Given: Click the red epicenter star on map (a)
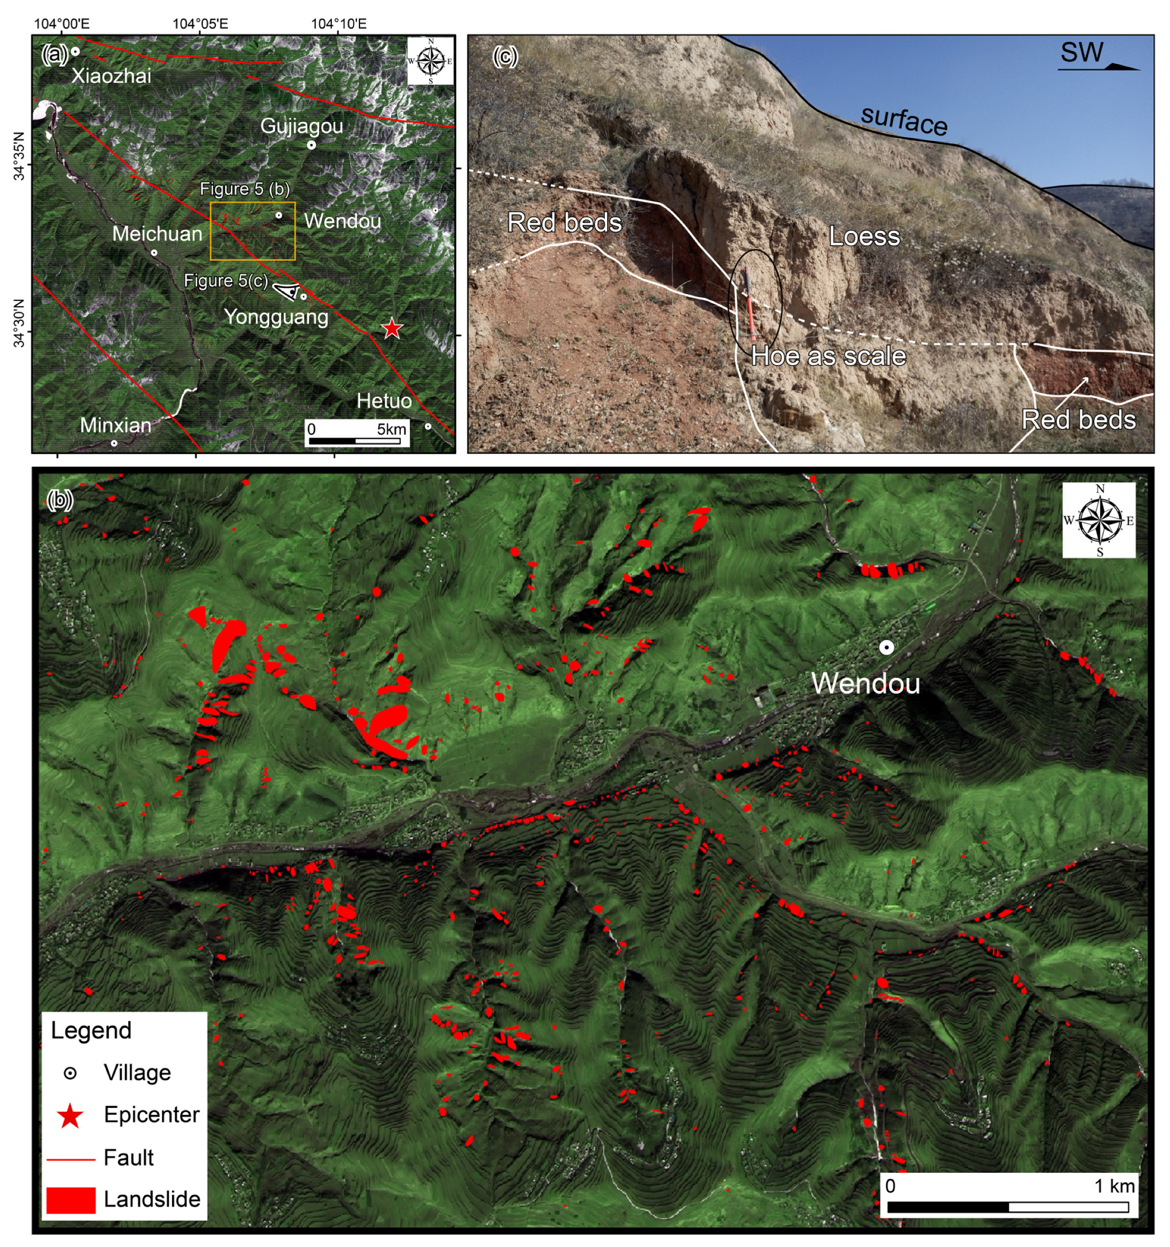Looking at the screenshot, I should (x=392, y=328).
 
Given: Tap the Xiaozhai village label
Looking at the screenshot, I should (x=111, y=76).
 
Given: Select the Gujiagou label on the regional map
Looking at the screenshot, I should (x=302, y=126).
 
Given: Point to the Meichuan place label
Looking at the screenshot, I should (x=157, y=234).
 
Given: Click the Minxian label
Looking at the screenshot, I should (x=115, y=425).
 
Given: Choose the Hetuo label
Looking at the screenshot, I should (x=384, y=401).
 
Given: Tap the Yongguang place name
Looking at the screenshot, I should (x=276, y=317).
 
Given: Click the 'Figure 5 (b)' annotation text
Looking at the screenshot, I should (x=245, y=189).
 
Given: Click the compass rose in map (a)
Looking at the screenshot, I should (x=430, y=61).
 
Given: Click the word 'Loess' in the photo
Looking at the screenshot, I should (x=864, y=236).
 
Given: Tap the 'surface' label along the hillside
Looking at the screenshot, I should (x=903, y=120).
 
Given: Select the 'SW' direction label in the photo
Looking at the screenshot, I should (x=1082, y=53).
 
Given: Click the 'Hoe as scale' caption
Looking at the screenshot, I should (x=828, y=356).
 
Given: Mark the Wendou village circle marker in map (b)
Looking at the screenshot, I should (x=886, y=648).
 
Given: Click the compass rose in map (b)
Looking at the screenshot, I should (x=1098, y=520).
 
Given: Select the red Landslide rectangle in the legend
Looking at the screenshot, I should (x=71, y=1199).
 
